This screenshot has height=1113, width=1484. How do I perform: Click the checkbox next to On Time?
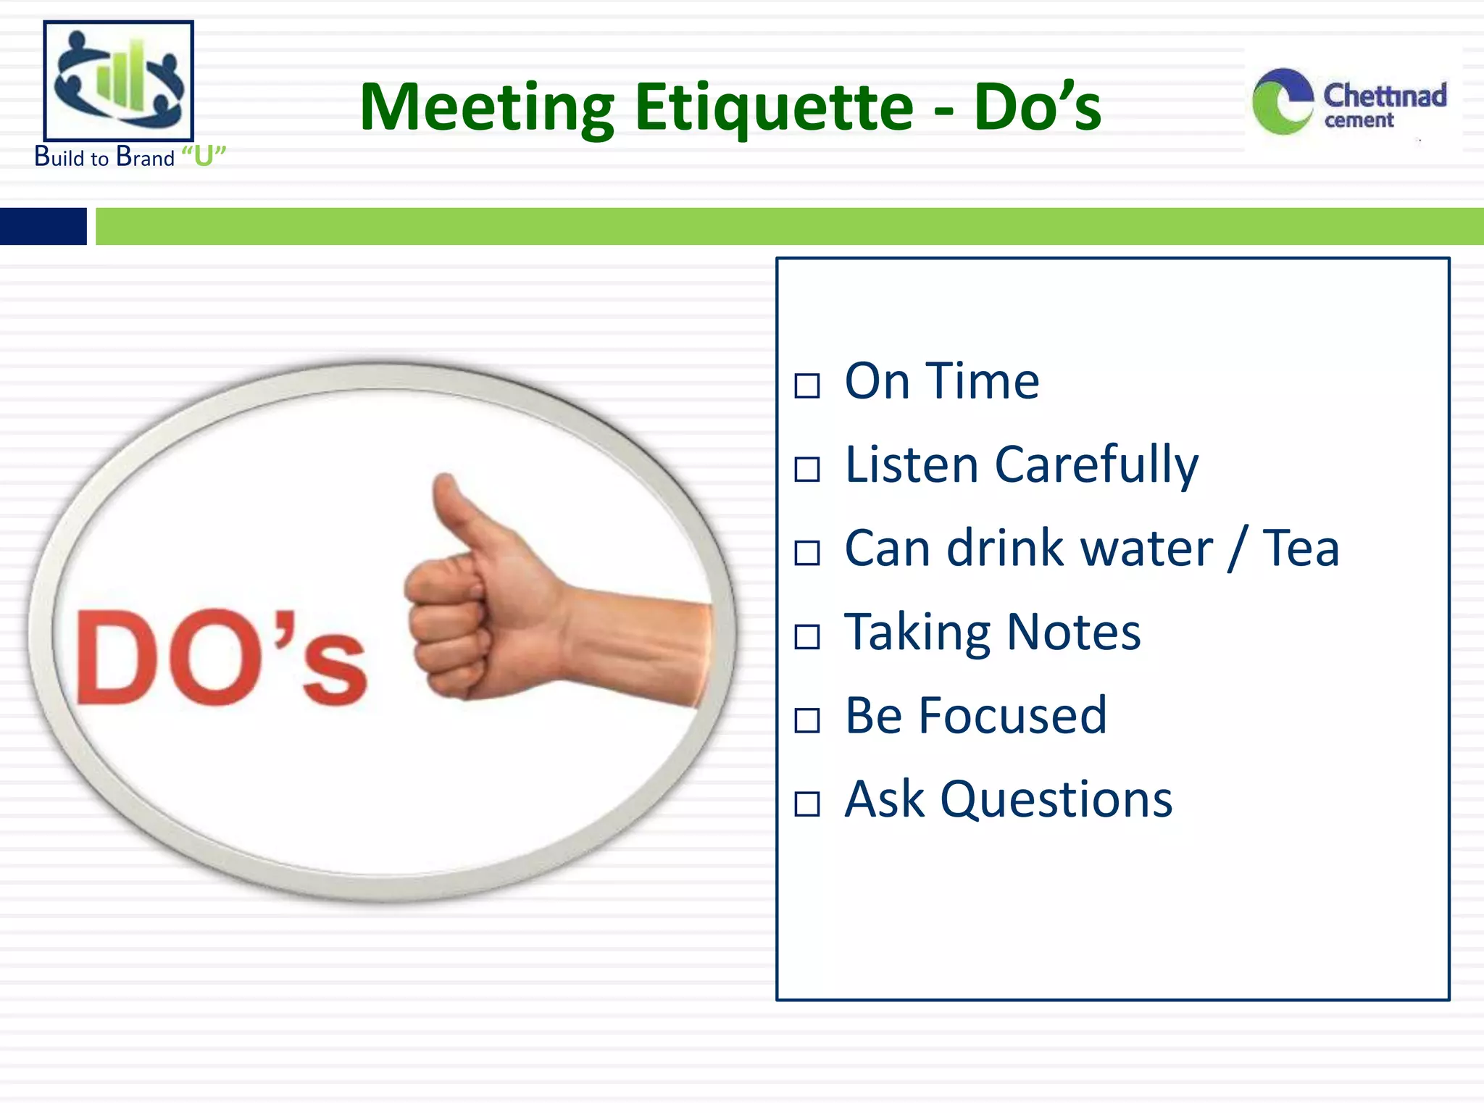[806, 385]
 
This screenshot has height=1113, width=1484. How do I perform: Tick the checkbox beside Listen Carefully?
[806, 470]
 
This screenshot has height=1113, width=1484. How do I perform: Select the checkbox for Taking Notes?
[806, 637]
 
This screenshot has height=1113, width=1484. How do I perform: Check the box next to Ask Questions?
[806, 804]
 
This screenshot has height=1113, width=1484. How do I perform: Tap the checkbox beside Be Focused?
[806, 720]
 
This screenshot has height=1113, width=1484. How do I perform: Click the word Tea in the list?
[1301, 549]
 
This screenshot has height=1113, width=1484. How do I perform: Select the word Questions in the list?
[1056, 801]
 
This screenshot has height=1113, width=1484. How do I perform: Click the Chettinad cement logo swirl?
[1282, 101]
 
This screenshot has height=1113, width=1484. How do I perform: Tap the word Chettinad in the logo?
[1384, 96]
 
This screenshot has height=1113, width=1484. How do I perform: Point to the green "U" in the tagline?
[204, 157]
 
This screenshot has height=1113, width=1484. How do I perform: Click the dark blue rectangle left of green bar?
[43, 226]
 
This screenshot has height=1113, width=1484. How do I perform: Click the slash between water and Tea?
[1238, 549]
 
